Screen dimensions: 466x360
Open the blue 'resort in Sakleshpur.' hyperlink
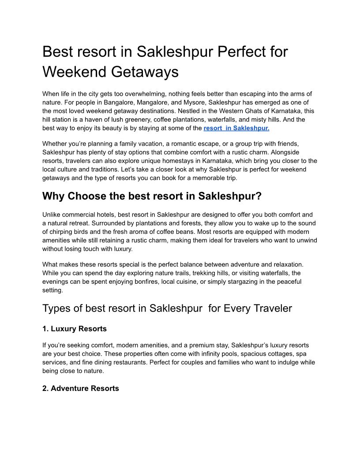coord(236,128)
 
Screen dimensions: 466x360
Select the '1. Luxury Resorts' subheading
coord(74,329)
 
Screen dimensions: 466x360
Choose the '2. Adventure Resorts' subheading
coord(80,388)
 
